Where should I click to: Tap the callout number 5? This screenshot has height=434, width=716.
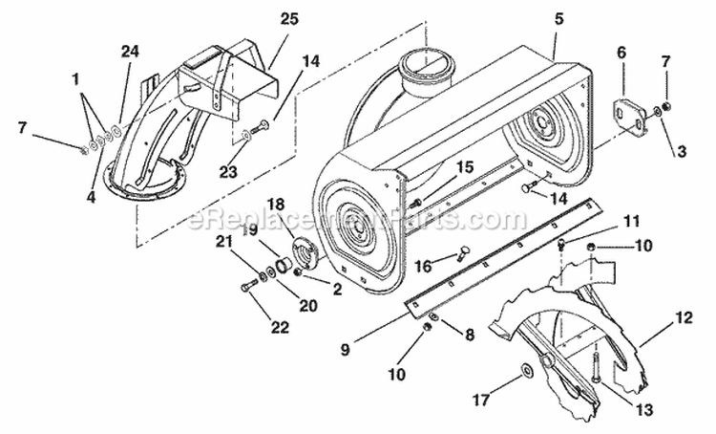point(558,18)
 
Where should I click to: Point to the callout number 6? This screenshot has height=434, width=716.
point(621,54)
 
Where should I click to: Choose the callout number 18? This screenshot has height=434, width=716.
point(276,204)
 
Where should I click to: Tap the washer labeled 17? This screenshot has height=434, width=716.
point(528,370)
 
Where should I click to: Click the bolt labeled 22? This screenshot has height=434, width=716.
point(250,284)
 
